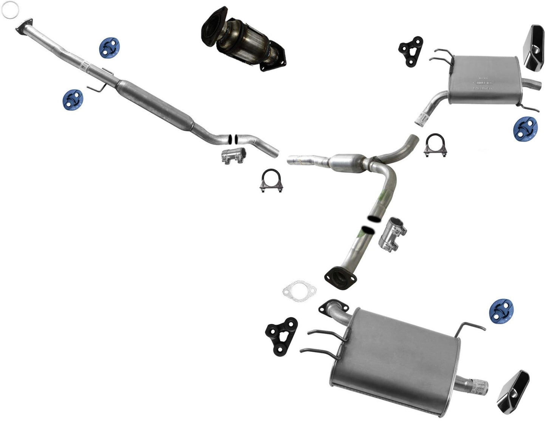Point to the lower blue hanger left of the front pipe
pos(73,99)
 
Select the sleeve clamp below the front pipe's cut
pos(234,156)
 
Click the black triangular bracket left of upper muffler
pos(411,51)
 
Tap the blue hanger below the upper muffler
pos(526,128)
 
